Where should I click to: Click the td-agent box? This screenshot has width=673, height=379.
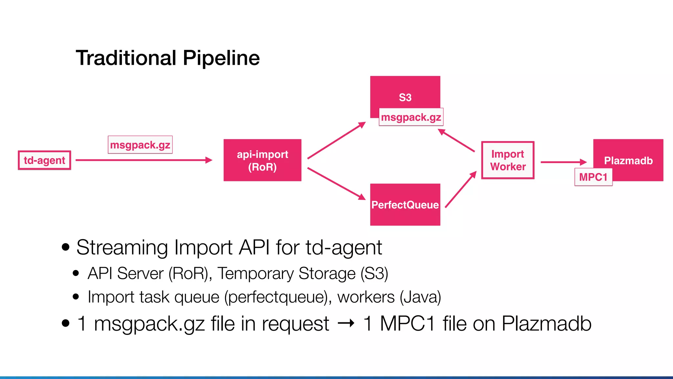(44, 160)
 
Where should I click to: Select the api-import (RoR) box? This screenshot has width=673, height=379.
(262, 160)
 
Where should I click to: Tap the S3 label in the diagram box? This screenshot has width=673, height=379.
(405, 97)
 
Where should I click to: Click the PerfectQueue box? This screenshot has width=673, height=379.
(405, 205)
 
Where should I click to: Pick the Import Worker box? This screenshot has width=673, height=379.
(508, 160)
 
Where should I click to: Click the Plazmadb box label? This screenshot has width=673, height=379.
(628, 160)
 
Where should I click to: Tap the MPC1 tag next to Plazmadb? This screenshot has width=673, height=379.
(593, 177)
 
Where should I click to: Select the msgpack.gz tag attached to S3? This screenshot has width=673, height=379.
(411, 117)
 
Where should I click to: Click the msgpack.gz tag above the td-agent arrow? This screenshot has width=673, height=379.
(140, 145)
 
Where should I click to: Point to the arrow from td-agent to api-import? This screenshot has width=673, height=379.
(144, 160)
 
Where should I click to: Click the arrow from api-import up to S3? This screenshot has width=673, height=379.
(336, 140)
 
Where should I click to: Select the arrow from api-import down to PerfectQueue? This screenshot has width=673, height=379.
(336, 184)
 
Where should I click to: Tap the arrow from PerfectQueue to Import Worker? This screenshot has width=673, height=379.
(460, 189)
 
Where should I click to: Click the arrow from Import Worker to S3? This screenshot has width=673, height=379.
(457, 140)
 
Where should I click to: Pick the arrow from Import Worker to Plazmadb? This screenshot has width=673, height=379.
(563, 162)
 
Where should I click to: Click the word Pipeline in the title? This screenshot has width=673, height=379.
(221, 58)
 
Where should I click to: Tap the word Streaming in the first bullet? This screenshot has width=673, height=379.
(122, 247)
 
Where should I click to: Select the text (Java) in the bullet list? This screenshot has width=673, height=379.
(420, 297)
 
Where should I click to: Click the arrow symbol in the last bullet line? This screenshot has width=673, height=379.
(346, 323)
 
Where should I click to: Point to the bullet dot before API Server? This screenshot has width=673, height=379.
(76, 273)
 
